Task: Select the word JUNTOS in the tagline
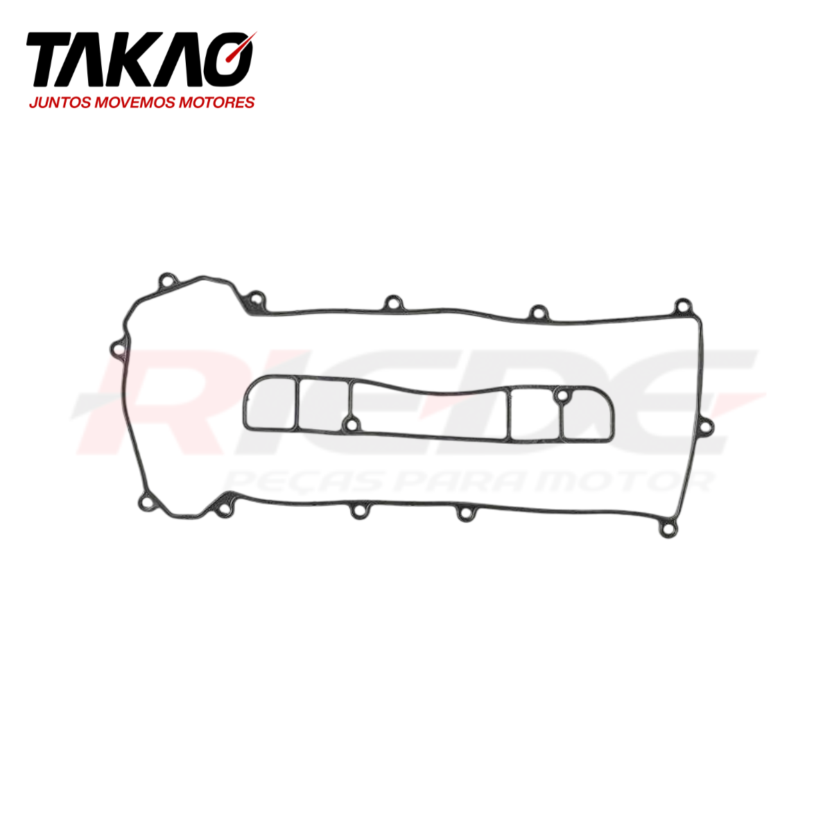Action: pos(60,103)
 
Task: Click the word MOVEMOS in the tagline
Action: pos(135,103)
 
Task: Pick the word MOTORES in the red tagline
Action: pos(216,103)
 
